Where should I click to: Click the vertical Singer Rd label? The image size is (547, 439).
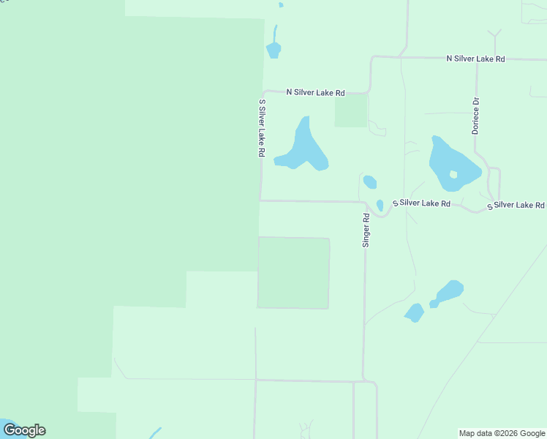pos(366,230)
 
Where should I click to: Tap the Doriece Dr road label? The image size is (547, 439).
pos(475,116)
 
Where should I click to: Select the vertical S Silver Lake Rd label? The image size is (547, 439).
pos(261,129)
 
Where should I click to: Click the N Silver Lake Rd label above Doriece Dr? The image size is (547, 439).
pos(476,58)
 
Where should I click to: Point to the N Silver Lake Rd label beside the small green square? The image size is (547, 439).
pos(315,92)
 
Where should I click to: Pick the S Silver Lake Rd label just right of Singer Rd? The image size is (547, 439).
pos(421,203)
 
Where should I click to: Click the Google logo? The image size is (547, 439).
pos(24,430)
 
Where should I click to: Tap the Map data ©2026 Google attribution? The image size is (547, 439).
pos(502,433)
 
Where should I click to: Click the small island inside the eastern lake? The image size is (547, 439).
pos(453,174)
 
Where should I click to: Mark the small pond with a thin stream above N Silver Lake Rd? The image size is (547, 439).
pos(273,50)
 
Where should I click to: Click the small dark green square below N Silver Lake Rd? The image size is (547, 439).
pos(351,111)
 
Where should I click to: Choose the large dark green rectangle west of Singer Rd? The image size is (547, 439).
pos(293,272)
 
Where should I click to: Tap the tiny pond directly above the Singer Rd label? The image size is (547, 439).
pos(370,182)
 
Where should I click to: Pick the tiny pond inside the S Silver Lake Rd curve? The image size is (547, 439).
pos(380,206)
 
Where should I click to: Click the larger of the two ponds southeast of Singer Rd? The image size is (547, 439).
pos(449,290)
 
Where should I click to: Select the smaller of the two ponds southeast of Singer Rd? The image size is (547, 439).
pos(415,312)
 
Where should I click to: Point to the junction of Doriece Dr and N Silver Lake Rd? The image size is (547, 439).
pos(477,59)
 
